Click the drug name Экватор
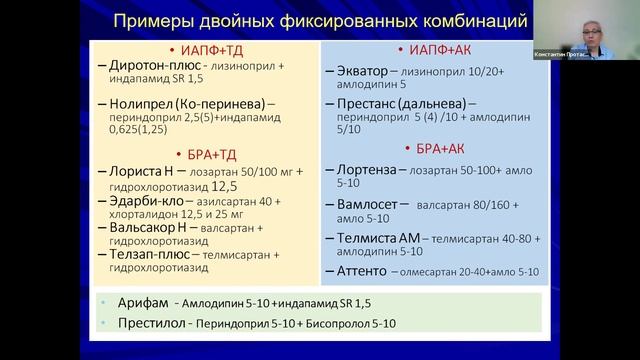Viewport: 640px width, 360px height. pos(362,72)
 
